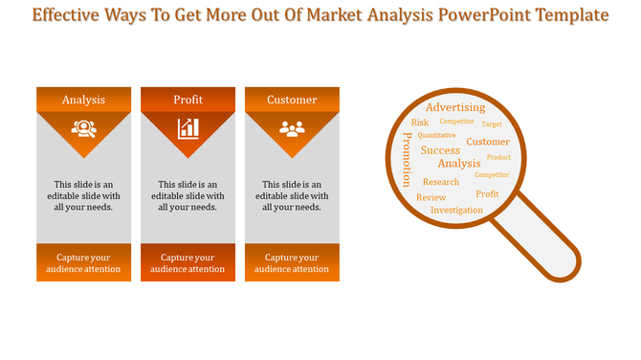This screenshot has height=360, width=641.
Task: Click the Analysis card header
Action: [84, 100]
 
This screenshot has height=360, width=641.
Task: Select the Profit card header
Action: [188, 100]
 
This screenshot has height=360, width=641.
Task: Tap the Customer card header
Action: [292, 100]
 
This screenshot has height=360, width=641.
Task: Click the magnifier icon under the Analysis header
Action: [84, 127]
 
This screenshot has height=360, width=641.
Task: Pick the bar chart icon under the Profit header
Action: [188, 127]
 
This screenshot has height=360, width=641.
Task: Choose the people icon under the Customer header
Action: [292, 127]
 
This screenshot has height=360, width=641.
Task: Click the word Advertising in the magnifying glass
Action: [455, 107]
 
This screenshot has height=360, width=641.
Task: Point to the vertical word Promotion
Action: [407, 160]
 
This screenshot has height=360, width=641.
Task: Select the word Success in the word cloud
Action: [440, 150]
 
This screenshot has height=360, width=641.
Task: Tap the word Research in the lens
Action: [441, 182]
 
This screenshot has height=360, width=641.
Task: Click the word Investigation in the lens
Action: [456, 210]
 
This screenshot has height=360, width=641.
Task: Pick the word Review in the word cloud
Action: [431, 197]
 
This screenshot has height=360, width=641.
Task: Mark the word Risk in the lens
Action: [420, 123]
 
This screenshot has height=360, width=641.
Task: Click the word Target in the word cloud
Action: [492, 124]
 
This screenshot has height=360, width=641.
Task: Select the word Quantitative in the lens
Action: [436, 136]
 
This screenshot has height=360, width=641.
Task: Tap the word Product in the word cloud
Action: [498, 157]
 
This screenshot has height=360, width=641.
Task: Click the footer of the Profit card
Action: [188, 263]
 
